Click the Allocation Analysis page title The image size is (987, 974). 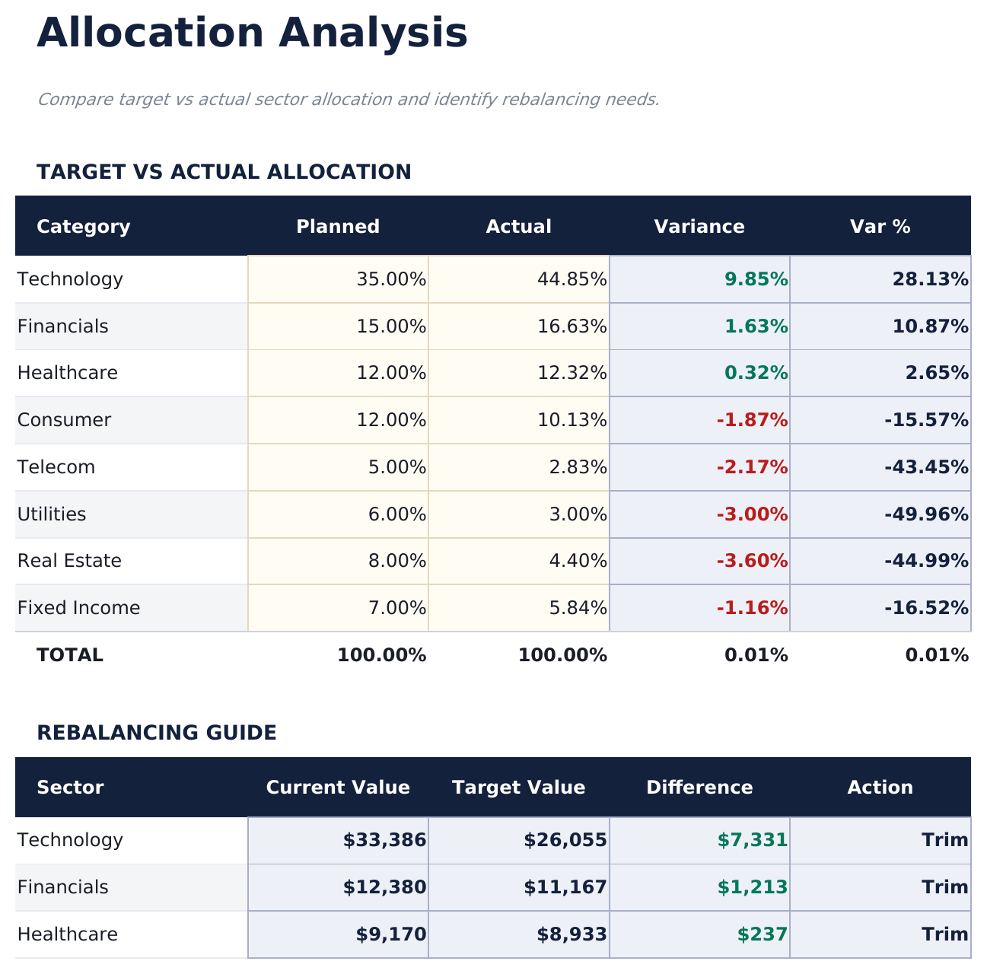click(252, 34)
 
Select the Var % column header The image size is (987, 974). click(880, 227)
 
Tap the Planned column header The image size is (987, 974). click(338, 227)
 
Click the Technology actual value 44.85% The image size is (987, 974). click(572, 279)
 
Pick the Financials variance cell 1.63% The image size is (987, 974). click(756, 326)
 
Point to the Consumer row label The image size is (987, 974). click(64, 420)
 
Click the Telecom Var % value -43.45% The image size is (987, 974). click(926, 467)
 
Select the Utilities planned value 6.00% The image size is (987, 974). click(396, 514)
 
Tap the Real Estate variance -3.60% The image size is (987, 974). click(752, 561)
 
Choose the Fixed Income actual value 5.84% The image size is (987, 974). click(578, 608)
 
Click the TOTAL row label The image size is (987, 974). click(69, 655)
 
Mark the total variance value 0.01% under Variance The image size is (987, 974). click(756, 655)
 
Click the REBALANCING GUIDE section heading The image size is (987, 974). click(157, 733)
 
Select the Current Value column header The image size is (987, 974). click(338, 788)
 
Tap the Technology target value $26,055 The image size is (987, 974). click(565, 840)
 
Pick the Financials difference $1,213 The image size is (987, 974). click(752, 887)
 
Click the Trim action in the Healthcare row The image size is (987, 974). click(944, 934)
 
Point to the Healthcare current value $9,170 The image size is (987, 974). click(390, 934)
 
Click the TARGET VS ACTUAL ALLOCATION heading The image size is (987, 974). click(224, 172)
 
